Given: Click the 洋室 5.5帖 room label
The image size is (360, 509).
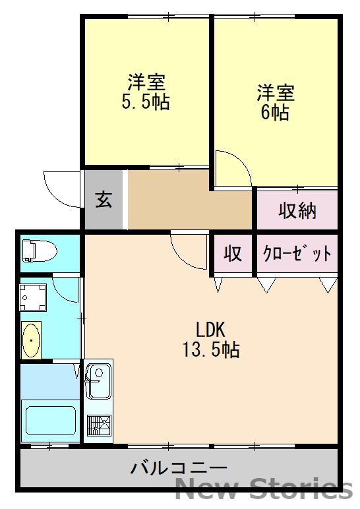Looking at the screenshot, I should click(x=146, y=92).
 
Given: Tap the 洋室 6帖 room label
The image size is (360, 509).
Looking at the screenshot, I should click(x=275, y=102).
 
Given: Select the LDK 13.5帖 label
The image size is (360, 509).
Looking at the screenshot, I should click(x=211, y=339).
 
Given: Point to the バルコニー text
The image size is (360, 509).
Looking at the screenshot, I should click(x=179, y=469).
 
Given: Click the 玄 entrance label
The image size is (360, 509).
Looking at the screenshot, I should click(x=104, y=199).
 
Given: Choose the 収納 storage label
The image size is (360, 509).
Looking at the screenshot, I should click(x=297, y=210).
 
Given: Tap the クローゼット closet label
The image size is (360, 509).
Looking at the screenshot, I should click(x=297, y=253).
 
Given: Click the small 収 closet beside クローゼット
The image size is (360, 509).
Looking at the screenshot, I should click(x=233, y=253).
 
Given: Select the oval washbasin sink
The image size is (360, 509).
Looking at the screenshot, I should click(x=31, y=340).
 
